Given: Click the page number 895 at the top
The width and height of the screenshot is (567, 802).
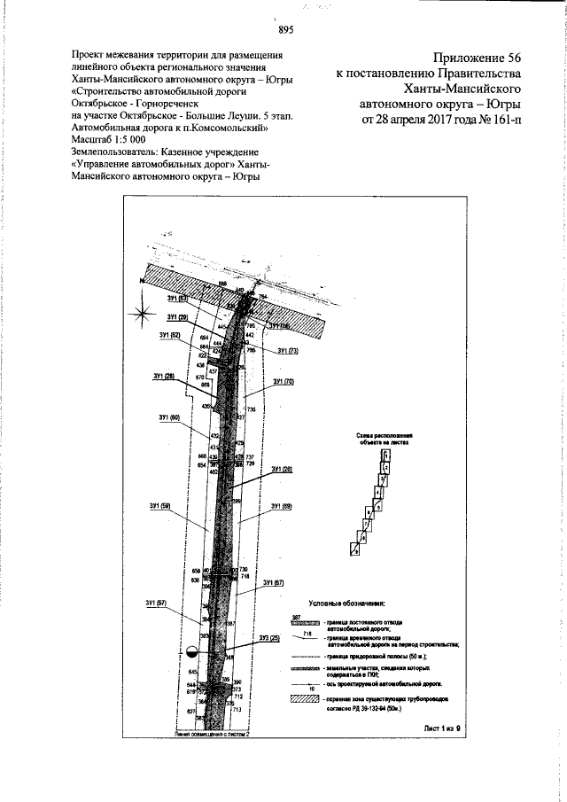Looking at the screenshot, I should click(285, 30).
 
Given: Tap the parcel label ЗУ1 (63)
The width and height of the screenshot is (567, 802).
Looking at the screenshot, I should click(177, 299).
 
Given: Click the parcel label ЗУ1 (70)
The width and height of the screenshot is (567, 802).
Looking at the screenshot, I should click(283, 382).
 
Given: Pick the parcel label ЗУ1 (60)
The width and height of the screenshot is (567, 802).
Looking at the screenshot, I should click(169, 417).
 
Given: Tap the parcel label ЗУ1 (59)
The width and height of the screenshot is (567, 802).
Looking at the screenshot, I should click(161, 506).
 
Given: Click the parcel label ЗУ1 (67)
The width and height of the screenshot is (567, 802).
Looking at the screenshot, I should click(273, 583).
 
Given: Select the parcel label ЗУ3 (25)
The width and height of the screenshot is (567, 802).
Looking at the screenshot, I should click(269, 638).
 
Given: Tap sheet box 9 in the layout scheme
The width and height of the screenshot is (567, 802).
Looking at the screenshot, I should click(354, 551).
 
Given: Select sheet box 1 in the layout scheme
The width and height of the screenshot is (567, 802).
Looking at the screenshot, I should click(385, 455).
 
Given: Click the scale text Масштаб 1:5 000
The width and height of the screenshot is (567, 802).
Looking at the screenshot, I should click(107, 138).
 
